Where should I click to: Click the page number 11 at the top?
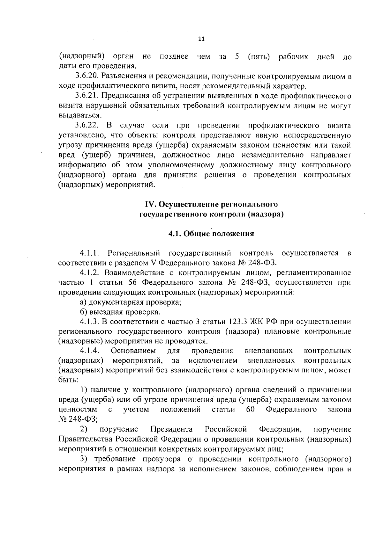[x=201, y=39]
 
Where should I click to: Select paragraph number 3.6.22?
[x=88, y=125]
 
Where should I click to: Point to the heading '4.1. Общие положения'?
[x=211, y=234]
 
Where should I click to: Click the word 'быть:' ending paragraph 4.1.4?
[x=68, y=380]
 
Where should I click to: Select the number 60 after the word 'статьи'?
[x=251, y=410]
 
